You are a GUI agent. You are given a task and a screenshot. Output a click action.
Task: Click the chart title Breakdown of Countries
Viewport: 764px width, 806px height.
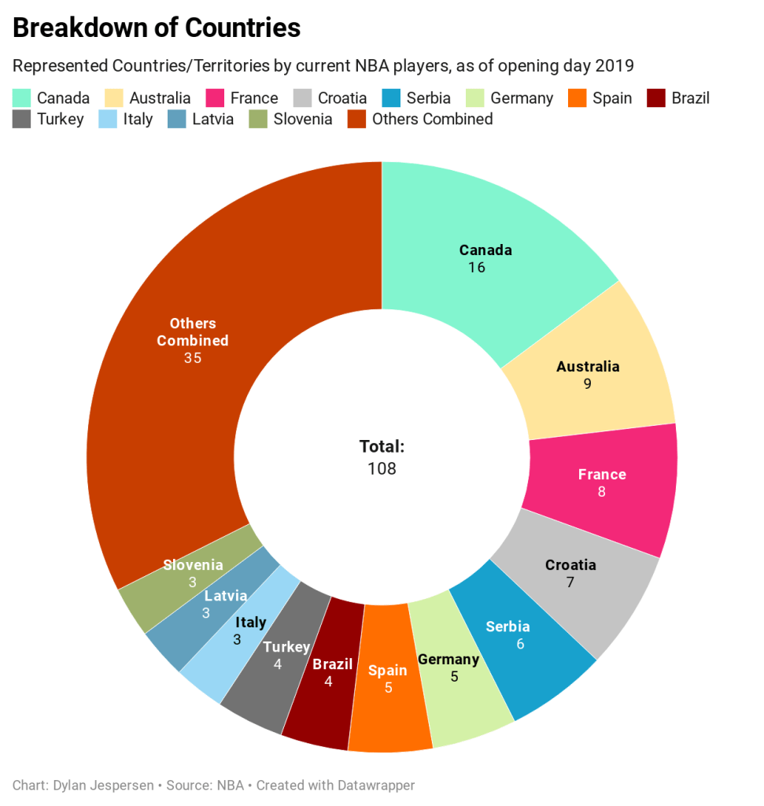pyautogui.click(x=157, y=28)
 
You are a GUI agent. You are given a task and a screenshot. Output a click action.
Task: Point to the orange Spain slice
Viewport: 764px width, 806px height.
pyautogui.click(x=388, y=693)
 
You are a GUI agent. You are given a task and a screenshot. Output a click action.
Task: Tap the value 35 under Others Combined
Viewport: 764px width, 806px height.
pyautogui.click(x=193, y=358)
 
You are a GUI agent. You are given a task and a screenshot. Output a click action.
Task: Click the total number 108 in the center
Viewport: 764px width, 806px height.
pyautogui.click(x=382, y=468)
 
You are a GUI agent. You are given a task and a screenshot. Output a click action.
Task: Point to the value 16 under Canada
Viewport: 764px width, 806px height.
pyautogui.click(x=476, y=268)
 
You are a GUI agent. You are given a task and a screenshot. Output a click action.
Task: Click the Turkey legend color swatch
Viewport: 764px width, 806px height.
pyautogui.click(x=21, y=120)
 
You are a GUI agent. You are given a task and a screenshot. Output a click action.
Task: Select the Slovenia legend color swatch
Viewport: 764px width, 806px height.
pyautogui.click(x=258, y=120)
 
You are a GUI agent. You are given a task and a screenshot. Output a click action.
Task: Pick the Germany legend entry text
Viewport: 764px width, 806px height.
pyautogui.click(x=522, y=98)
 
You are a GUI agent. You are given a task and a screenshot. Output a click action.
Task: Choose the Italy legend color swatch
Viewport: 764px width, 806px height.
pyautogui.click(x=108, y=120)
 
